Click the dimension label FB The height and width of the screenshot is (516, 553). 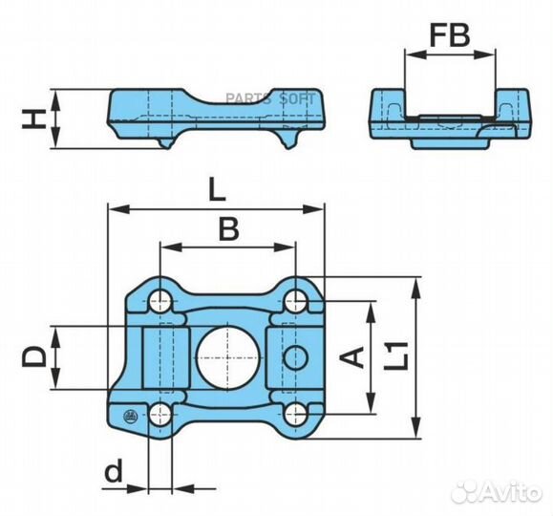coord(450,36)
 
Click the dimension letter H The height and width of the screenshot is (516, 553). coord(33,118)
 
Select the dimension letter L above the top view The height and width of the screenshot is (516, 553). coord(217,189)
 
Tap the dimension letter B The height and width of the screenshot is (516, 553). coord(228,228)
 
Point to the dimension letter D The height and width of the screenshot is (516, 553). coord(33,356)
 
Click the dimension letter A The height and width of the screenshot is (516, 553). coord(351,357)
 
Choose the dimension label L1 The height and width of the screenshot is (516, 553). coord(396,355)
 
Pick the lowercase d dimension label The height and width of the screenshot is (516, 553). coord(114,470)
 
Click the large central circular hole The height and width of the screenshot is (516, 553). coord(228,357)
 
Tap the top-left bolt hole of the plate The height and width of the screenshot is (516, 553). coord(160,301)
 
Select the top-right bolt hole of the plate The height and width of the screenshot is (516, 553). coord(295,301)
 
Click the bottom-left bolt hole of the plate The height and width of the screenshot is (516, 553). coord(160,415)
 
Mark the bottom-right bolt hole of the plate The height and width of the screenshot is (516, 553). coord(295,414)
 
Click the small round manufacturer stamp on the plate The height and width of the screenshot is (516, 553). coord(130,417)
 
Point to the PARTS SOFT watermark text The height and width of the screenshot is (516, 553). coord(270,98)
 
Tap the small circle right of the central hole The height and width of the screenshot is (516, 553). coord(296,357)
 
